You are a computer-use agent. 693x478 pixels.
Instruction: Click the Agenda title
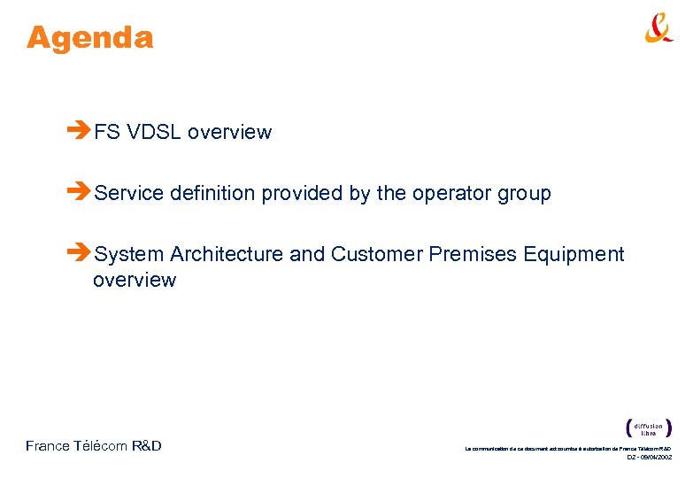pyautogui.click(x=89, y=38)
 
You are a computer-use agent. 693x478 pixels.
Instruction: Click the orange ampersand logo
pyautogui.click(x=658, y=28)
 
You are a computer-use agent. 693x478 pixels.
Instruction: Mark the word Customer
pyautogui.click(x=377, y=255)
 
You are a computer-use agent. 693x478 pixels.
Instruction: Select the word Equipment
pyautogui.click(x=574, y=255)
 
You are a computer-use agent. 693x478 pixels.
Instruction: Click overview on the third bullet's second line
pyautogui.click(x=135, y=281)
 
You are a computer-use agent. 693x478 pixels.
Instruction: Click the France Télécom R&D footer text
pyautogui.click(x=94, y=446)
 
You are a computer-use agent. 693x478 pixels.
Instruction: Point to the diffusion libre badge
pyautogui.click(x=648, y=428)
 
